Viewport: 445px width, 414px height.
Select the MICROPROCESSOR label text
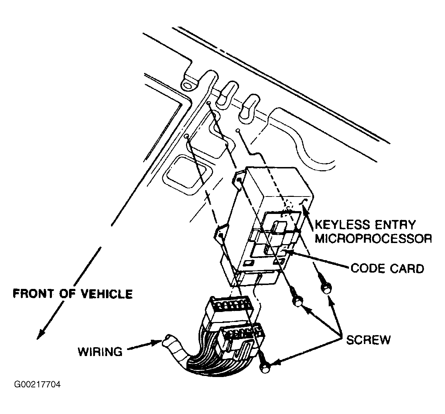coord(373,239)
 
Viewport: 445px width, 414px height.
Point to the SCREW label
coord(369,340)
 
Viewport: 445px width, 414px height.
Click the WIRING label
coord(100,351)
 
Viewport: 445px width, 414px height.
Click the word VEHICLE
coord(106,294)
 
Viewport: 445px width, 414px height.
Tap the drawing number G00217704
coord(37,385)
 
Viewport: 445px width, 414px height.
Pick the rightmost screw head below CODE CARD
coord(326,289)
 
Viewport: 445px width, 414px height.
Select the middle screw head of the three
coord(298,302)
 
